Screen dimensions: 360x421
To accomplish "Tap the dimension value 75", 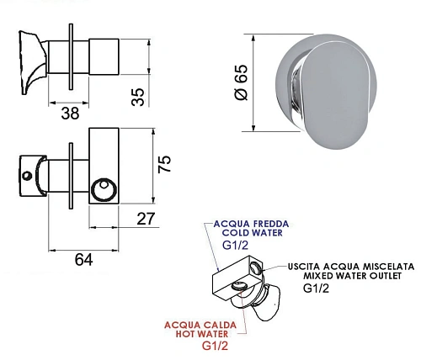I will tap(166, 164).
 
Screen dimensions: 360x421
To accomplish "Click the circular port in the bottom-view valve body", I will tap(106, 189).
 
